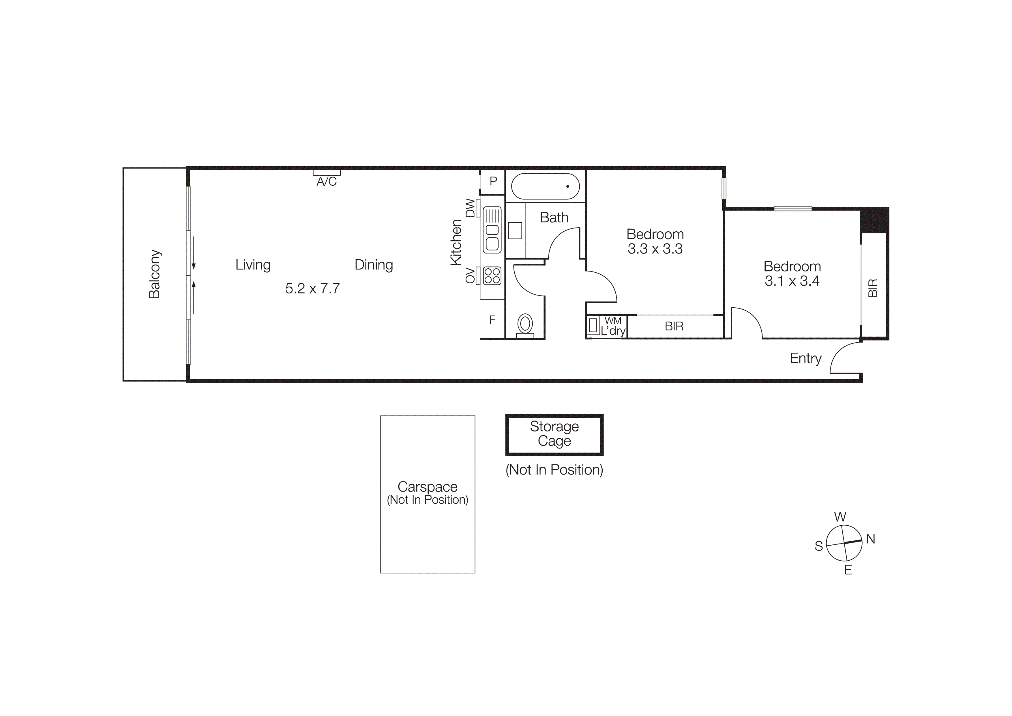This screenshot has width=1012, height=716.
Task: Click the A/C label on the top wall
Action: coord(326,181)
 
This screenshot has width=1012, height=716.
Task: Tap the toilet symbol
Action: coord(525,324)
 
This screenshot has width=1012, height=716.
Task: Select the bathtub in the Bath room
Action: coord(545,186)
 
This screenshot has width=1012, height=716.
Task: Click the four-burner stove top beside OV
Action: coord(492,276)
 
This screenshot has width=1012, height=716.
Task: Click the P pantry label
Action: coord(493,181)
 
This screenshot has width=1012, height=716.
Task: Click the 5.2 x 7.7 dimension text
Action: coord(312,289)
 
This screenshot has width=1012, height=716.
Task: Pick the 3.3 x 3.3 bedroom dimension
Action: coord(655,249)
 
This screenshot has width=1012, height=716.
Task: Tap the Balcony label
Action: coord(154,274)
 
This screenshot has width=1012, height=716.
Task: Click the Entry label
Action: coord(805,358)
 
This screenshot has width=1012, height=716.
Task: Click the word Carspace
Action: coord(427,487)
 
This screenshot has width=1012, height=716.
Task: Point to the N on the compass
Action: coord(871,539)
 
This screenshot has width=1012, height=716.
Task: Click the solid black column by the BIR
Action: coord(874,220)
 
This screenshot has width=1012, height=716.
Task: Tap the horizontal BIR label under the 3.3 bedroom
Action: coord(674,326)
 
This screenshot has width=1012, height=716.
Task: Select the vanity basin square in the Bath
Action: coord(515,230)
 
